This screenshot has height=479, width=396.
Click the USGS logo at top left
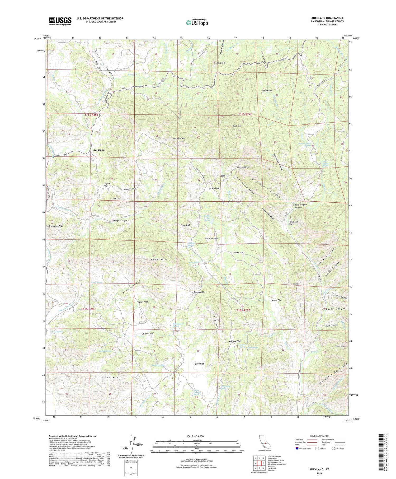[60, 21]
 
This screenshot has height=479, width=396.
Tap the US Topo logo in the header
[197, 22]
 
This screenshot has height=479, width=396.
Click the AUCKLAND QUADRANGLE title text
[327, 18]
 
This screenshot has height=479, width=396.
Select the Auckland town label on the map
[99, 150]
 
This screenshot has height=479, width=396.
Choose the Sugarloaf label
[186, 225]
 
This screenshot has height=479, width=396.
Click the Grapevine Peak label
[55, 226]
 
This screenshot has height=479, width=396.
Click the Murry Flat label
[277, 300]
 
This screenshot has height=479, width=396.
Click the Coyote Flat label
[106, 184]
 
